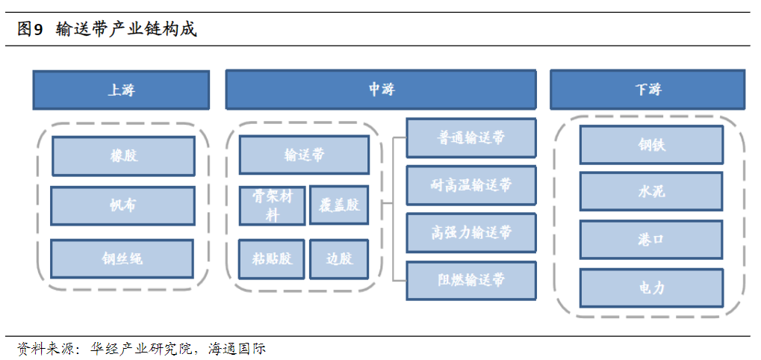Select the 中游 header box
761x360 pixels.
381,90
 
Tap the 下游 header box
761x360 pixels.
647,90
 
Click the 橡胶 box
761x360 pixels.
123,156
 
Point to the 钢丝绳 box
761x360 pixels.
122,259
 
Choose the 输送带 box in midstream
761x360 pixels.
304,155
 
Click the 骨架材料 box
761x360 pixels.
273,205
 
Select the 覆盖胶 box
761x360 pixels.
339,205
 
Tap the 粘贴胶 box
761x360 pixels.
272,259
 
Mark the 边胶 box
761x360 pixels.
339,259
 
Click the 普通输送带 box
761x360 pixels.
471,137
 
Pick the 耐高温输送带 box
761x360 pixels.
471,185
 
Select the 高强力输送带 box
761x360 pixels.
471,232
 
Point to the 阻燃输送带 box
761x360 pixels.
471,280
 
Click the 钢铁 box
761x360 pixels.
651,145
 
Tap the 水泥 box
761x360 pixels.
651,192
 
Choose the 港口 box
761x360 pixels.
651,240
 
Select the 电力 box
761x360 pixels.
651,288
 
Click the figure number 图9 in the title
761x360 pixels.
30,30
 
